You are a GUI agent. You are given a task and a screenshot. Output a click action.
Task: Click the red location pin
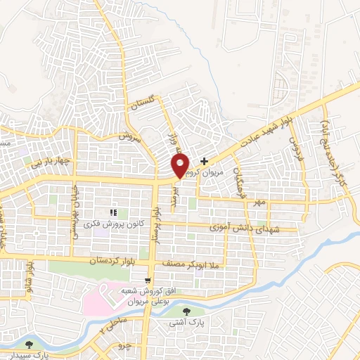pos(181,166)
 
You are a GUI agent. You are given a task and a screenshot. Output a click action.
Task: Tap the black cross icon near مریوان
pos(205,161)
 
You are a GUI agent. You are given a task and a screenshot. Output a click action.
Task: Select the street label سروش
pos(131,138)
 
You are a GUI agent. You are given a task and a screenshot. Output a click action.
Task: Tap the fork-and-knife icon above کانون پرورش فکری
pos(112,212)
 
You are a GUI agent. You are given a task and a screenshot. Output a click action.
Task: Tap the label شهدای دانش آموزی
pos(245,229)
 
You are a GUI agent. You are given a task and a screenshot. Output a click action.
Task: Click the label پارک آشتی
pos(185,323)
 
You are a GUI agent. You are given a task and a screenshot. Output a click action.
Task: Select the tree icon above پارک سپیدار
pos(29,345)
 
